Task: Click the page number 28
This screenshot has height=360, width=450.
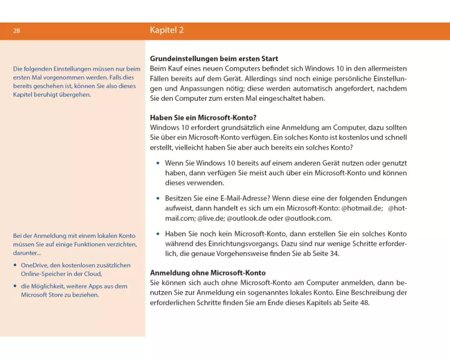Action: point(16,31)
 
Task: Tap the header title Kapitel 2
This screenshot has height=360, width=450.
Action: point(166,31)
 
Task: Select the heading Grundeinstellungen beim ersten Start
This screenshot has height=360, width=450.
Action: point(214,59)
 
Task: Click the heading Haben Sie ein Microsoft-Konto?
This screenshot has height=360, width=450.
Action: point(203,118)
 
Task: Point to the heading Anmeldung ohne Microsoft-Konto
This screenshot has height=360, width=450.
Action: point(207,273)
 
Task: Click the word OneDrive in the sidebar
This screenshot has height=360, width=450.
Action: point(34,265)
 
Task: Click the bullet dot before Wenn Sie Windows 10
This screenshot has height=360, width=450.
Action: point(157,163)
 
